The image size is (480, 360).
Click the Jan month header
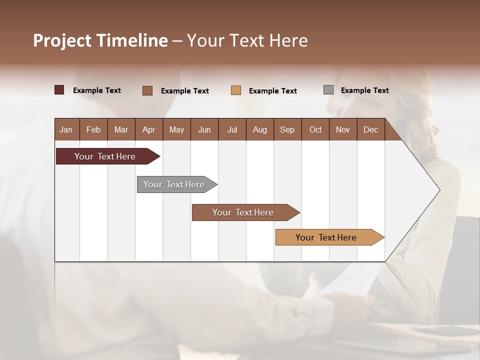(66, 129)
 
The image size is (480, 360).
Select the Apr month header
(148, 129)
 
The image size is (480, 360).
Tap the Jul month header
(232, 129)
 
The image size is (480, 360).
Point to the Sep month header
(287, 129)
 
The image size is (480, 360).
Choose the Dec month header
(370, 129)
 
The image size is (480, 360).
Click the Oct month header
(315, 129)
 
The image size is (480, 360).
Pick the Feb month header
(93, 129)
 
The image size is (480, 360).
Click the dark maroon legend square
(59, 90)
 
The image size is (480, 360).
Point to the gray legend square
(328, 90)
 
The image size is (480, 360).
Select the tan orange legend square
(236, 90)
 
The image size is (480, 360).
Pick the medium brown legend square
(147, 90)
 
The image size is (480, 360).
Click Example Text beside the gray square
(364, 90)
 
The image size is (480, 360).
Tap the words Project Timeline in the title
(100, 40)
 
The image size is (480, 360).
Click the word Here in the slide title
(288, 40)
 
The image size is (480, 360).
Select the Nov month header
(342, 129)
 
